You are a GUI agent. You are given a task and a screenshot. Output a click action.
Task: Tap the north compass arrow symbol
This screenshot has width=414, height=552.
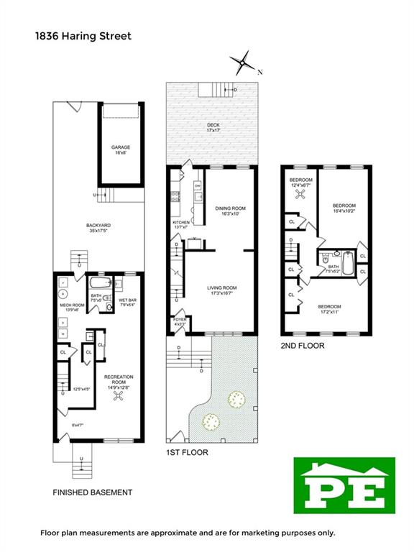click(x=245, y=63)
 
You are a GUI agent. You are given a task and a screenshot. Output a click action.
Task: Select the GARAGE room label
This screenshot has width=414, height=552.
click(x=120, y=149)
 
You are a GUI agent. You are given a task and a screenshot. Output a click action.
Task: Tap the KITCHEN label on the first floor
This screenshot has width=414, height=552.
click(x=181, y=225)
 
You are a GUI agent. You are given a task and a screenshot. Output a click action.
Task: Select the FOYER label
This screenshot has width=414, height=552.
click(x=179, y=320)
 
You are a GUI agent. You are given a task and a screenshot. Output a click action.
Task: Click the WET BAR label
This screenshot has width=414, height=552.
click(x=128, y=302)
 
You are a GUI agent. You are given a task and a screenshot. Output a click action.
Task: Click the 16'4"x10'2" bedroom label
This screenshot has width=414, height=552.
click(x=344, y=208)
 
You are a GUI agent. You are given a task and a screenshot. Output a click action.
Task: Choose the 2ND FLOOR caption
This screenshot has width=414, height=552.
click(x=302, y=346)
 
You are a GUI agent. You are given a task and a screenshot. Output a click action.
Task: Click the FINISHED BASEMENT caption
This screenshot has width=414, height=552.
click(x=92, y=492)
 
